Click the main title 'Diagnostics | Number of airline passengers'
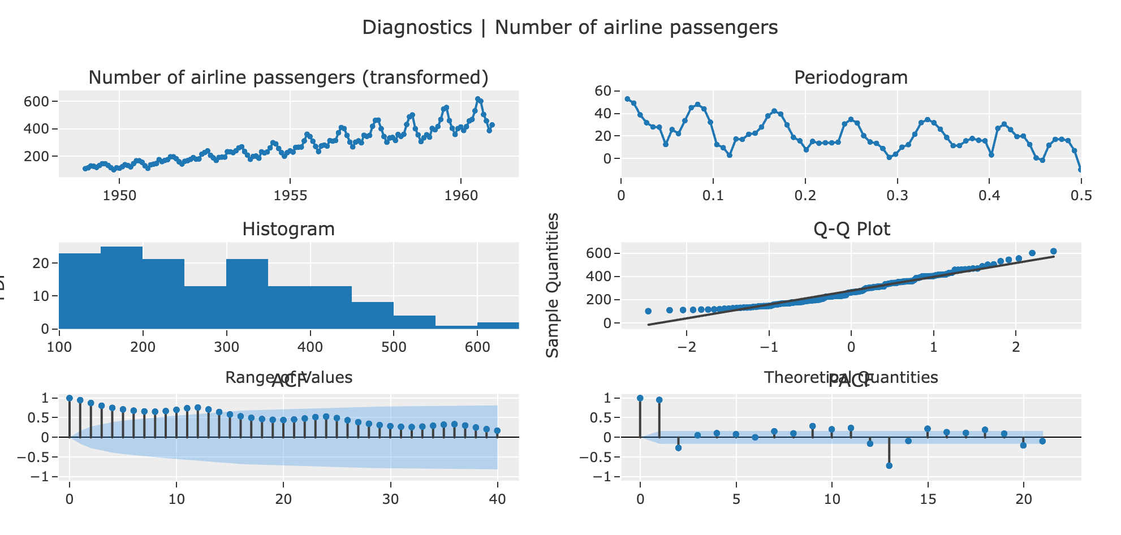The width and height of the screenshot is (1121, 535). (x=570, y=27)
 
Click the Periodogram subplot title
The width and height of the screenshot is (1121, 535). (x=851, y=77)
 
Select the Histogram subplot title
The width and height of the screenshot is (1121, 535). (x=288, y=229)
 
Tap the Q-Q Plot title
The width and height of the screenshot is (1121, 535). (x=851, y=229)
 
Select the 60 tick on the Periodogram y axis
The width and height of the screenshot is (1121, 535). (x=603, y=91)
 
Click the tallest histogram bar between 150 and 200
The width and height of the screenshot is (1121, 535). (x=122, y=287)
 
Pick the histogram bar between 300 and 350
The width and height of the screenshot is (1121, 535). (x=247, y=294)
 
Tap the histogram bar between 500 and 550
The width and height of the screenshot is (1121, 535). (x=415, y=322)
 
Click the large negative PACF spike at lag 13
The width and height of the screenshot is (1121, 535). (x=889, y=465)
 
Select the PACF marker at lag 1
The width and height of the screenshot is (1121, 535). (x=659, y=400)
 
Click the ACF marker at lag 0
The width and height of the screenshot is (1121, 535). (x=69, y=398)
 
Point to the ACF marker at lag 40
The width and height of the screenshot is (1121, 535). (x=497, y=431)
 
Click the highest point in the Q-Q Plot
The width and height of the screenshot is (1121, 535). (x=1053, y=251)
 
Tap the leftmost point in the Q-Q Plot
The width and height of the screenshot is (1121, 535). (x=648, y=311)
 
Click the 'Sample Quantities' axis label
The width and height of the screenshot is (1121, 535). (x=553, y=285)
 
